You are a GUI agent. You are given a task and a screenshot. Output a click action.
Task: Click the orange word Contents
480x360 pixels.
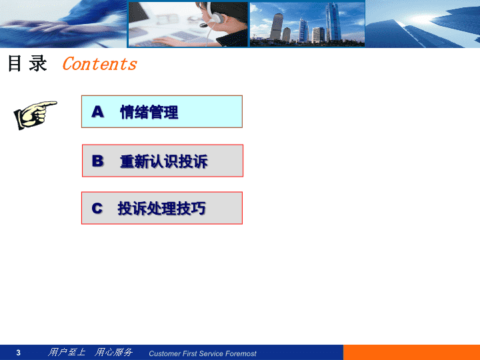100,64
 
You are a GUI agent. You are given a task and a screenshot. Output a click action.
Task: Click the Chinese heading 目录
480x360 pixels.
27,63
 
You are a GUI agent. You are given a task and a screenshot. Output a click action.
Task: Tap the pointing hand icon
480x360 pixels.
35,115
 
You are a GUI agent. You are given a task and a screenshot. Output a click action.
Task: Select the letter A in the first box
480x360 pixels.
97,112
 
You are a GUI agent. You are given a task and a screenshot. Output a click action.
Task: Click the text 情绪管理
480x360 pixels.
149,112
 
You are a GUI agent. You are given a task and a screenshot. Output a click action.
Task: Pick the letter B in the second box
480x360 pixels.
97,161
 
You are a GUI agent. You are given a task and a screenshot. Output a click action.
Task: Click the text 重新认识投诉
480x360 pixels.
164,161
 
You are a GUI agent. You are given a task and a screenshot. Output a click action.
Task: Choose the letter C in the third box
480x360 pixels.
97,209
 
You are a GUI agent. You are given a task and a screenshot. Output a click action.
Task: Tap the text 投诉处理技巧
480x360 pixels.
161,209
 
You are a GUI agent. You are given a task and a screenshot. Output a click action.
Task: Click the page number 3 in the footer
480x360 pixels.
19,353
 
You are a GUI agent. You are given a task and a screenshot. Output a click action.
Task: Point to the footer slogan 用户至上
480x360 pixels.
67,353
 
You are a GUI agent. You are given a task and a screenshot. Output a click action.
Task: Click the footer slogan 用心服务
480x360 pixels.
113,353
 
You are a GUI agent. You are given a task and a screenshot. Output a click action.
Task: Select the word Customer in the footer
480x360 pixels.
165,353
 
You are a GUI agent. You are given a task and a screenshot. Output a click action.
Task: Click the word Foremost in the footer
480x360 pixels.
241,353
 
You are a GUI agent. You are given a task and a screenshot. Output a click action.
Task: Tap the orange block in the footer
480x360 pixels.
411,353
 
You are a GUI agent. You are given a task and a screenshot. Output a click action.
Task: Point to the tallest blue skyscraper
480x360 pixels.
333,21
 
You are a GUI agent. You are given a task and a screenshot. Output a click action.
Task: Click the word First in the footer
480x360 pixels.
190,353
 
